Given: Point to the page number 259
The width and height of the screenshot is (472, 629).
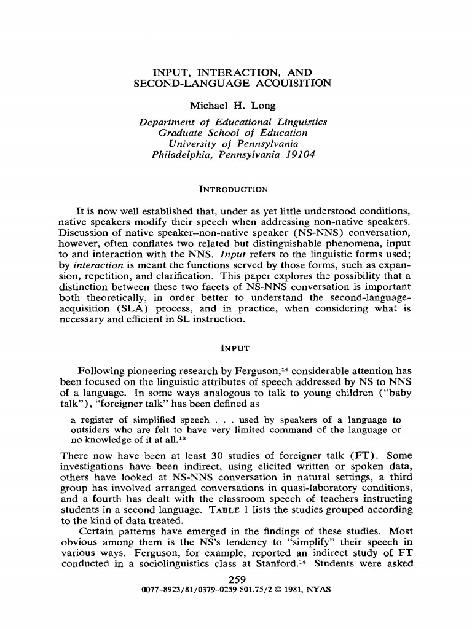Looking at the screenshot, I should (x=237, y=579).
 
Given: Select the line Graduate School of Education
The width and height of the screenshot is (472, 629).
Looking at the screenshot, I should (x=233, y=133).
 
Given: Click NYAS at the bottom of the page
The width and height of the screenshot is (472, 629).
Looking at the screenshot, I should (x=318, y=589).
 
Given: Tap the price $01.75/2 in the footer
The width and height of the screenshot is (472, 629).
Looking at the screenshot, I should (x=247, y=589).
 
